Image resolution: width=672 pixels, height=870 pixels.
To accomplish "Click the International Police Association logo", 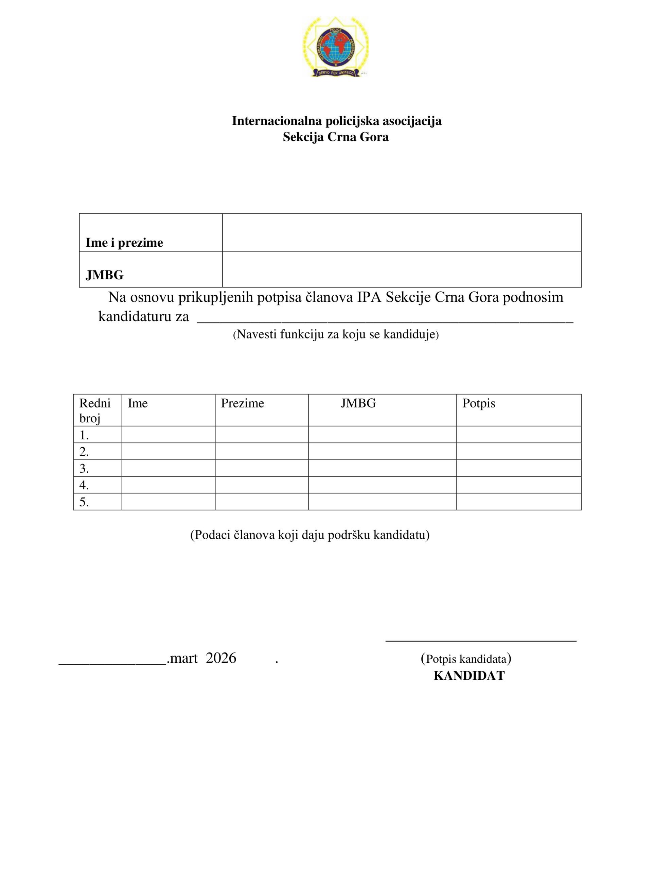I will [335, 47].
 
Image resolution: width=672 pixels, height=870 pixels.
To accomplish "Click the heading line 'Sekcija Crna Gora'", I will [335, 137].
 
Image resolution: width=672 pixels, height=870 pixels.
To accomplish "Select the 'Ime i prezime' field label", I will [124, 243].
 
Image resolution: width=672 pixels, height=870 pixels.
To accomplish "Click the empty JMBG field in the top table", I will [401, 269].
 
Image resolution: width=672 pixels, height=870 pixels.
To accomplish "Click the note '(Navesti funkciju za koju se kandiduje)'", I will [335, 335].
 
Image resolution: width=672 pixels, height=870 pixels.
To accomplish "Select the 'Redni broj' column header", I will [95, 410].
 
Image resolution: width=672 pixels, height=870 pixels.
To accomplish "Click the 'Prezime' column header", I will [242, 403].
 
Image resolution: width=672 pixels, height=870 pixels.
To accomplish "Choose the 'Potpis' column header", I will [478, 403].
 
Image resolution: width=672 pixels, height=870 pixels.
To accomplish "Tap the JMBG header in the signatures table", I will [358, 403].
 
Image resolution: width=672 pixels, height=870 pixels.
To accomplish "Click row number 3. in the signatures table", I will [84, 468].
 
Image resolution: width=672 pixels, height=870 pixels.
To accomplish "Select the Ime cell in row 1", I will [168, 435].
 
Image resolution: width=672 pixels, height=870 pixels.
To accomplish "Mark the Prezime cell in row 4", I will [261, 485].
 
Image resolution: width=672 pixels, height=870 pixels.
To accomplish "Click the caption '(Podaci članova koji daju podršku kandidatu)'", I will [310, 535].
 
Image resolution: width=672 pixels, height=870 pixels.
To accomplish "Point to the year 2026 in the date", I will [221, 658].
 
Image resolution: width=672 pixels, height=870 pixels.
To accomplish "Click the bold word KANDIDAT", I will [469, 676].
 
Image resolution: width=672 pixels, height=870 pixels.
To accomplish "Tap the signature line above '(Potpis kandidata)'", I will [480, 641].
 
